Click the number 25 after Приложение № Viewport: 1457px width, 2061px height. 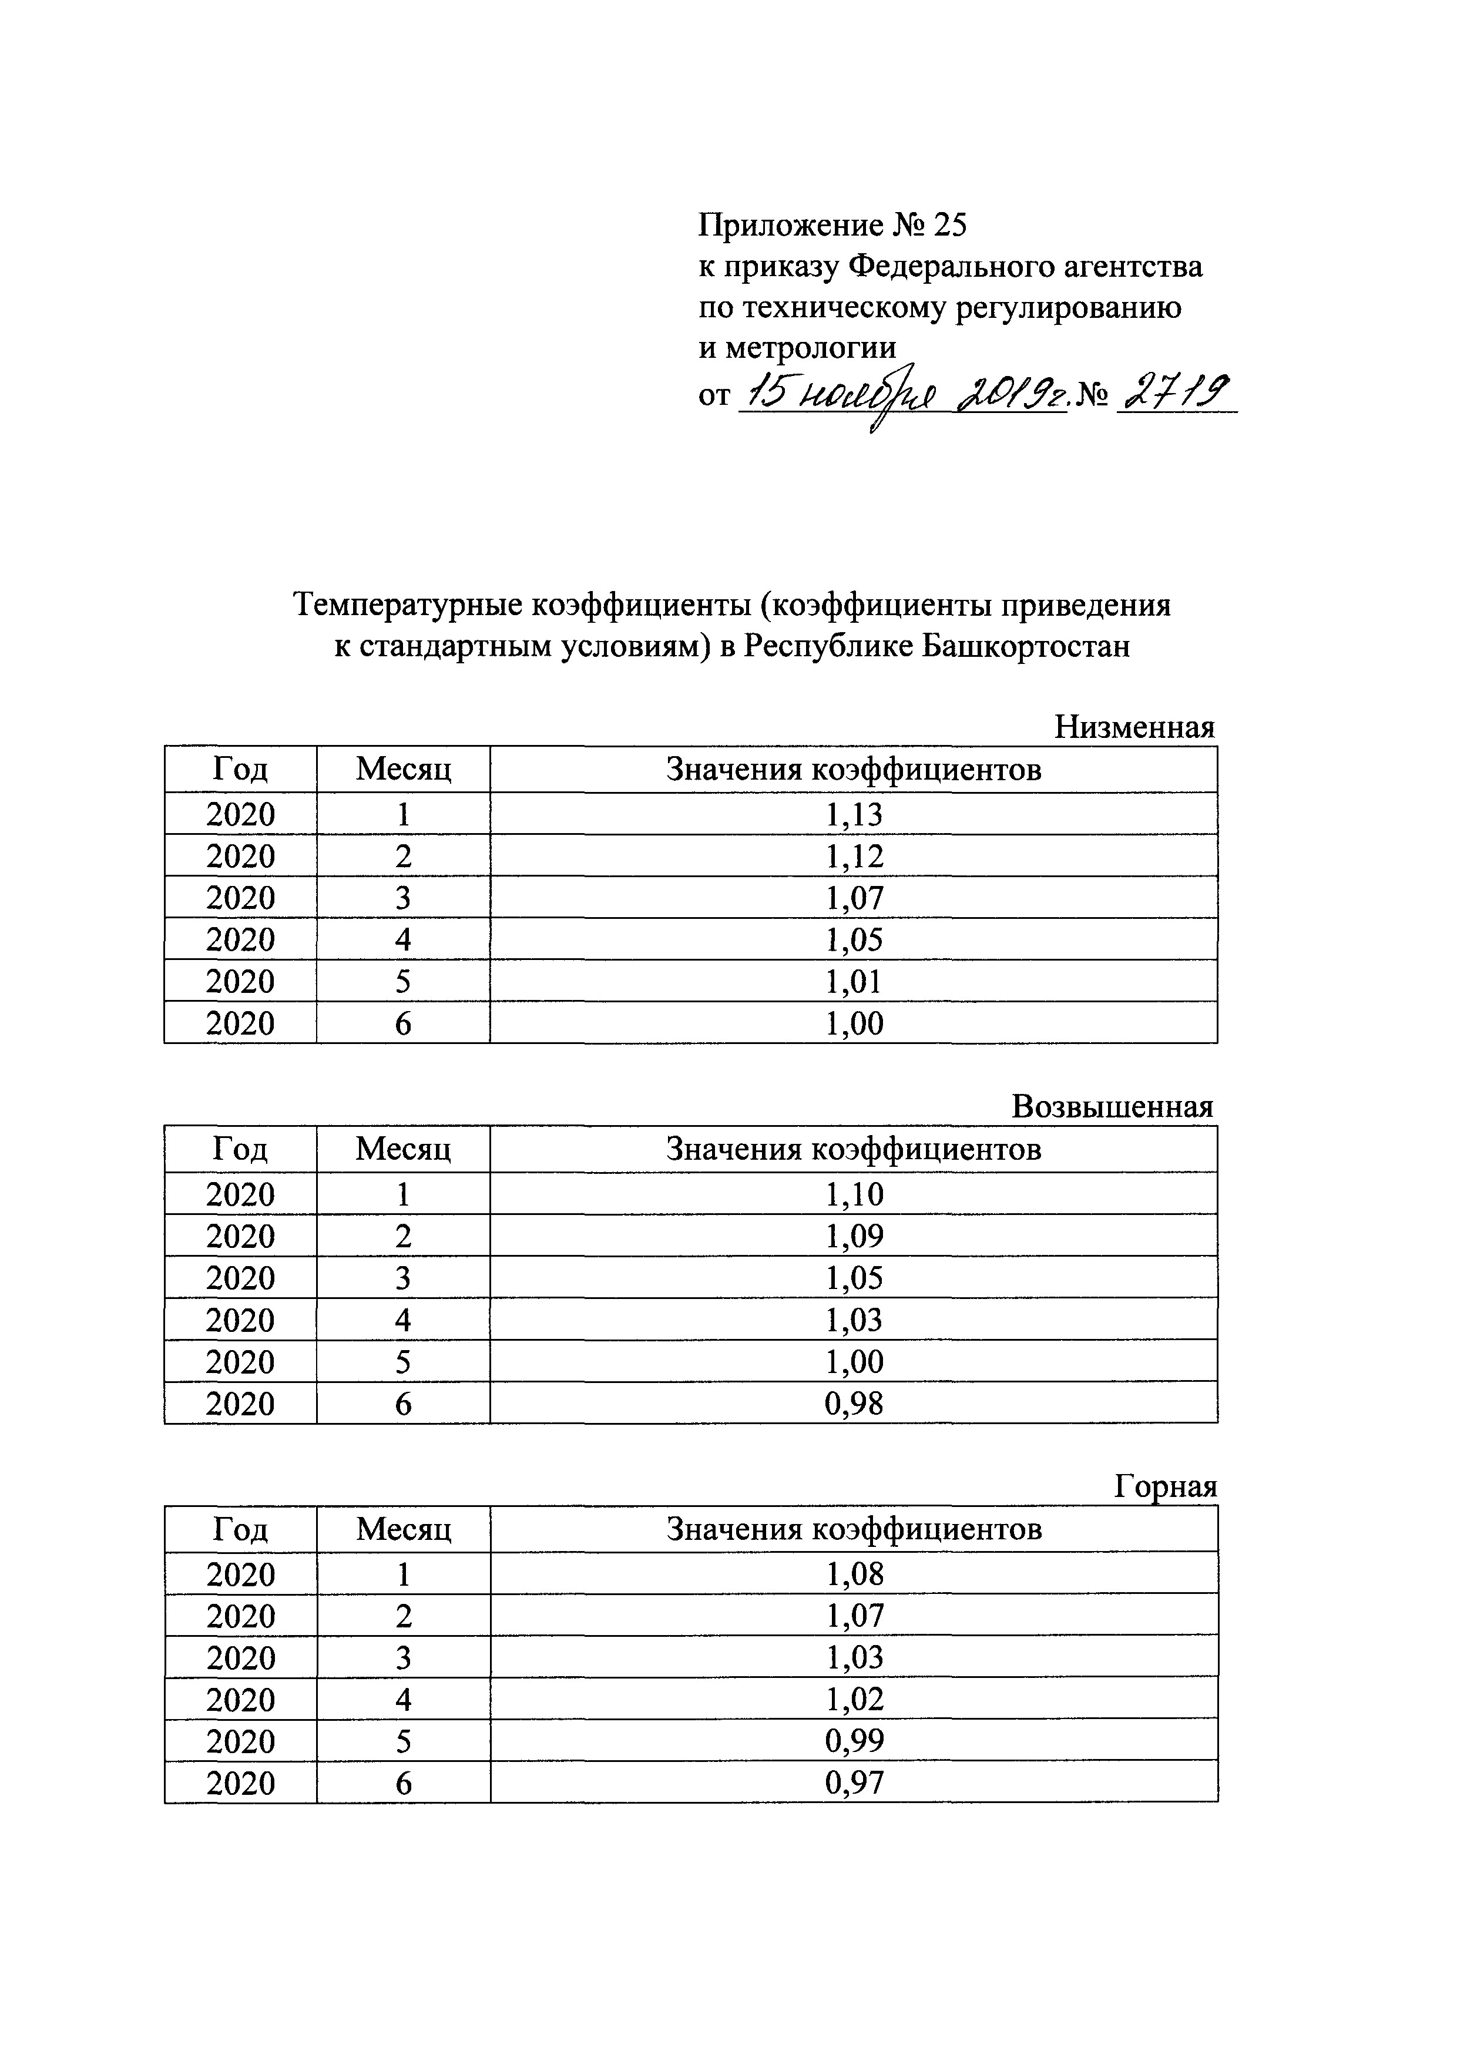click(949, 225)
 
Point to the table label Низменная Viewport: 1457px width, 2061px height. click(1134, 726)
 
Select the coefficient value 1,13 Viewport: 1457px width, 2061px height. click(854, 814)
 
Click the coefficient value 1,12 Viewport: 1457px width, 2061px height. click(854, 857)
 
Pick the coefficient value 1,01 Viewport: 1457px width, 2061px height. click(854, 981)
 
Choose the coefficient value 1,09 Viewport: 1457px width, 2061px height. click(854, 1236)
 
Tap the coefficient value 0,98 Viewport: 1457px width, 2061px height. click(854, 1404)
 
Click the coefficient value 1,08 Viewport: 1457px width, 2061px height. click(854, 1575)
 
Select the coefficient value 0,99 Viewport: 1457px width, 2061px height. click(854, 1741)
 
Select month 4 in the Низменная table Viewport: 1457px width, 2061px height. click(403, 940)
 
